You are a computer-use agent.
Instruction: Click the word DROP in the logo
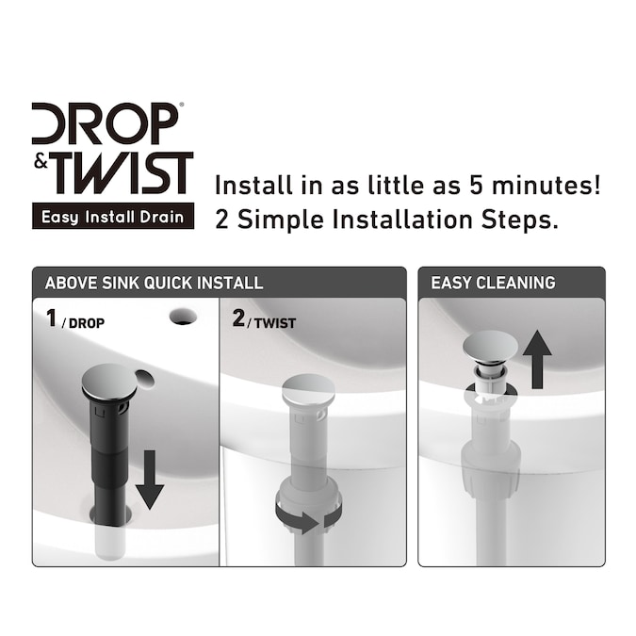coord(105,123)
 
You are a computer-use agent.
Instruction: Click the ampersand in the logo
coord(41,162)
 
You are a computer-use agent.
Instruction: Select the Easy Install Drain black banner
coord(113,216)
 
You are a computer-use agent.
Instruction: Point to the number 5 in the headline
coord(476,186)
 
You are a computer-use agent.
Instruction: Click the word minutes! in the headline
coord(546,186)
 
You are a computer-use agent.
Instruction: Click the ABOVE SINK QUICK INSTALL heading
coord(154,283)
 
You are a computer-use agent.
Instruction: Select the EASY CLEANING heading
coord(493,283)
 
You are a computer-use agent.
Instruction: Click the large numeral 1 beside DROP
coord(52,318)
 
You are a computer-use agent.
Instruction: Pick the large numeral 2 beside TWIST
coord(238,318)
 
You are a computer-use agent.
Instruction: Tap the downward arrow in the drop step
coord(150,480)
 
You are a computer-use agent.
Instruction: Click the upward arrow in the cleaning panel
coord(537,359)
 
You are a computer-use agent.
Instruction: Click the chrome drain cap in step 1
coord(109,381)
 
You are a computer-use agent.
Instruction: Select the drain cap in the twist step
coord(308,390)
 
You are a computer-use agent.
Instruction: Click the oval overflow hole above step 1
coord(183,316)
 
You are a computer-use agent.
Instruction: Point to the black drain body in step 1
coord(108,454)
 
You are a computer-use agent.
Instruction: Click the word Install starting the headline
coord(253,186)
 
